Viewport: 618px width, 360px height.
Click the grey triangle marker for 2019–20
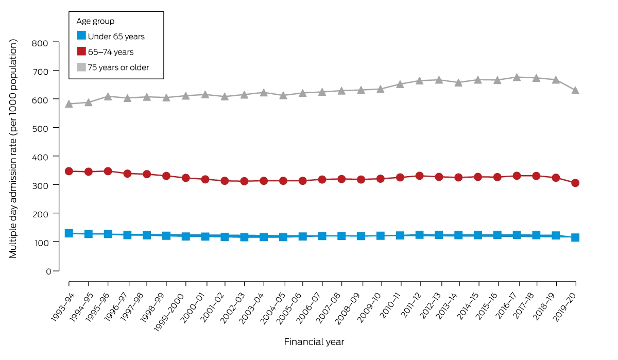pyautogui.click(x=575, y=91)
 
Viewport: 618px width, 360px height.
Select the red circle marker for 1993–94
pyautogui.click(x=68, y=172)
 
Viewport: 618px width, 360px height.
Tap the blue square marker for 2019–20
pyautogui.click(x=575, y=237)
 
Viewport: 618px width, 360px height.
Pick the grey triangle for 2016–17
pyautogui.click(x=517, y=78)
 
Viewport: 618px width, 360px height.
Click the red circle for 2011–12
pyautogui.click(x=419, y=176)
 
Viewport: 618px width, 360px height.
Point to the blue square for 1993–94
pyautogui.click(x=68, y=233)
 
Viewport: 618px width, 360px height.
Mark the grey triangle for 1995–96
pyautogui.click(x=108, y=96)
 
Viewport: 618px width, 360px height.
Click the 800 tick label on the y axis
pyautogui.click(x=40, y=43)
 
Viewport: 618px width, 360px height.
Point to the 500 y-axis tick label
pyautogui.click(x=40, y=129)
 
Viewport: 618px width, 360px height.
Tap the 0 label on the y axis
pyautogui.click(x=48, y=271)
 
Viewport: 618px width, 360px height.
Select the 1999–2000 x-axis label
pyautogui.click(x=169, y=313)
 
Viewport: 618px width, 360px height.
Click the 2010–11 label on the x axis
pyautogui.click(x=390, y=305)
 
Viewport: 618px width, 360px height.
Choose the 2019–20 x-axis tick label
pyautogui.click(x=565, y=307)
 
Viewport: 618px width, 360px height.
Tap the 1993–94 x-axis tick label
pyautogui.click(x=62, y=307)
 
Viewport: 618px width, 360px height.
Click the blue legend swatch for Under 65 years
pyautogui.click(x=81, y=36)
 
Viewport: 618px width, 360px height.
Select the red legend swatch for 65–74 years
pyautogui.click(x=81, y=52)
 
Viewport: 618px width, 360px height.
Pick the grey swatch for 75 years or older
pyautogui.click(x=81, y=67)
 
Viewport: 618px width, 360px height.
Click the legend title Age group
pyautogui.click(x=95, y=21)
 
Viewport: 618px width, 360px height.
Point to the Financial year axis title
pyautogui.click(x=314, y=342)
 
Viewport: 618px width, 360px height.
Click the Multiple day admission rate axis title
pyautogui.click(x=13, y=149)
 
